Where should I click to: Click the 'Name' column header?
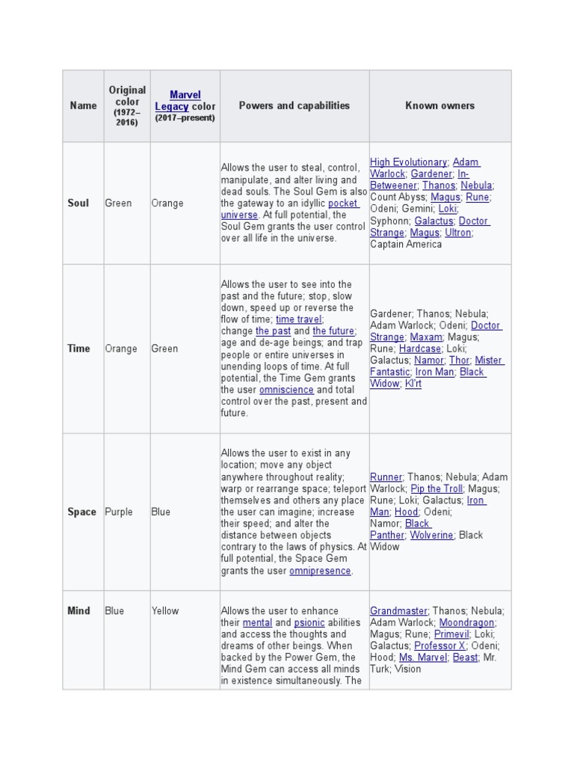(83, 105)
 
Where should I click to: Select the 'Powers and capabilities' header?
(294, 105)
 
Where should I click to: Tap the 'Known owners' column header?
(439, 105)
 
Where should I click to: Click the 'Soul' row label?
(78, 203)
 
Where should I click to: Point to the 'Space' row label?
(81, 512)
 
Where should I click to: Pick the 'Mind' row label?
(78, 610)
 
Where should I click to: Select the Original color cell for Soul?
(118, 203)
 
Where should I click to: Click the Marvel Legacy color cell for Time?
(164, 349)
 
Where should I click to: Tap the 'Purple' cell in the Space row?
(119, 512)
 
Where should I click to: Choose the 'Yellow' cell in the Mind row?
(165, 610)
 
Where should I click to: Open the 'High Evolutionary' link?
(408, 162)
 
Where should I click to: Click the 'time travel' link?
(299, 319)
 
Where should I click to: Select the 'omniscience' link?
(286, 390)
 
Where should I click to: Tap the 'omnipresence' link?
(320, 571)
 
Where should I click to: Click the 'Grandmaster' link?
(399, 610)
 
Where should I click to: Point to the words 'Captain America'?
(406, 244)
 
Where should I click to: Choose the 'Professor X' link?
(439, 646)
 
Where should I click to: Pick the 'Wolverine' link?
(432, 535)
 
